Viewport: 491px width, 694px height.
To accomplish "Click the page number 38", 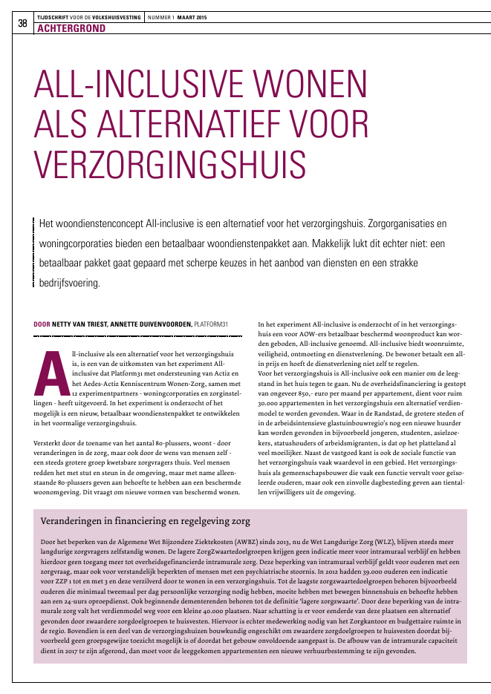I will click(22, 24).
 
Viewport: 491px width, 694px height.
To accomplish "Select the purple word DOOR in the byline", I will click(42, 324).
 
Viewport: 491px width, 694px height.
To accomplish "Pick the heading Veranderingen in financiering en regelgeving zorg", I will click(145, 520).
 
